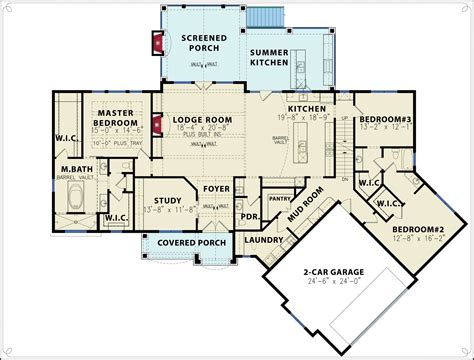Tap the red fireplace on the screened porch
(155, 42)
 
